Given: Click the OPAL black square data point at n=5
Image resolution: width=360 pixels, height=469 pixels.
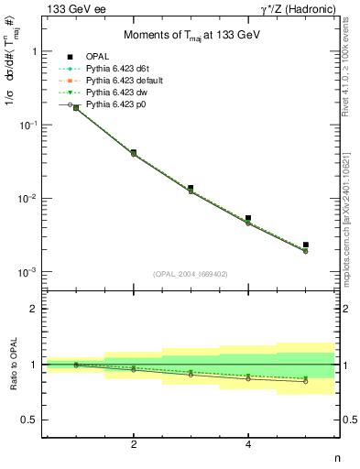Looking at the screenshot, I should [306, 245].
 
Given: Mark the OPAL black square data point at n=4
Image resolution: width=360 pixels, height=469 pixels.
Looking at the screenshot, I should [248, 218].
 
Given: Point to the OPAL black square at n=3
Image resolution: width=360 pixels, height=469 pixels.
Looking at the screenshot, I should [191, 188].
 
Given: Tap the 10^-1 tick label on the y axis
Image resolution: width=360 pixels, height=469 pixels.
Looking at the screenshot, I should [25, 125].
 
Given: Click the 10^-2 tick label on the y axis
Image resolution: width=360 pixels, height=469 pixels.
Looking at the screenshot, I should [25, 199].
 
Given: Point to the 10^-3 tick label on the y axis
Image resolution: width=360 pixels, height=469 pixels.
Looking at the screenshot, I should [25, 272].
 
